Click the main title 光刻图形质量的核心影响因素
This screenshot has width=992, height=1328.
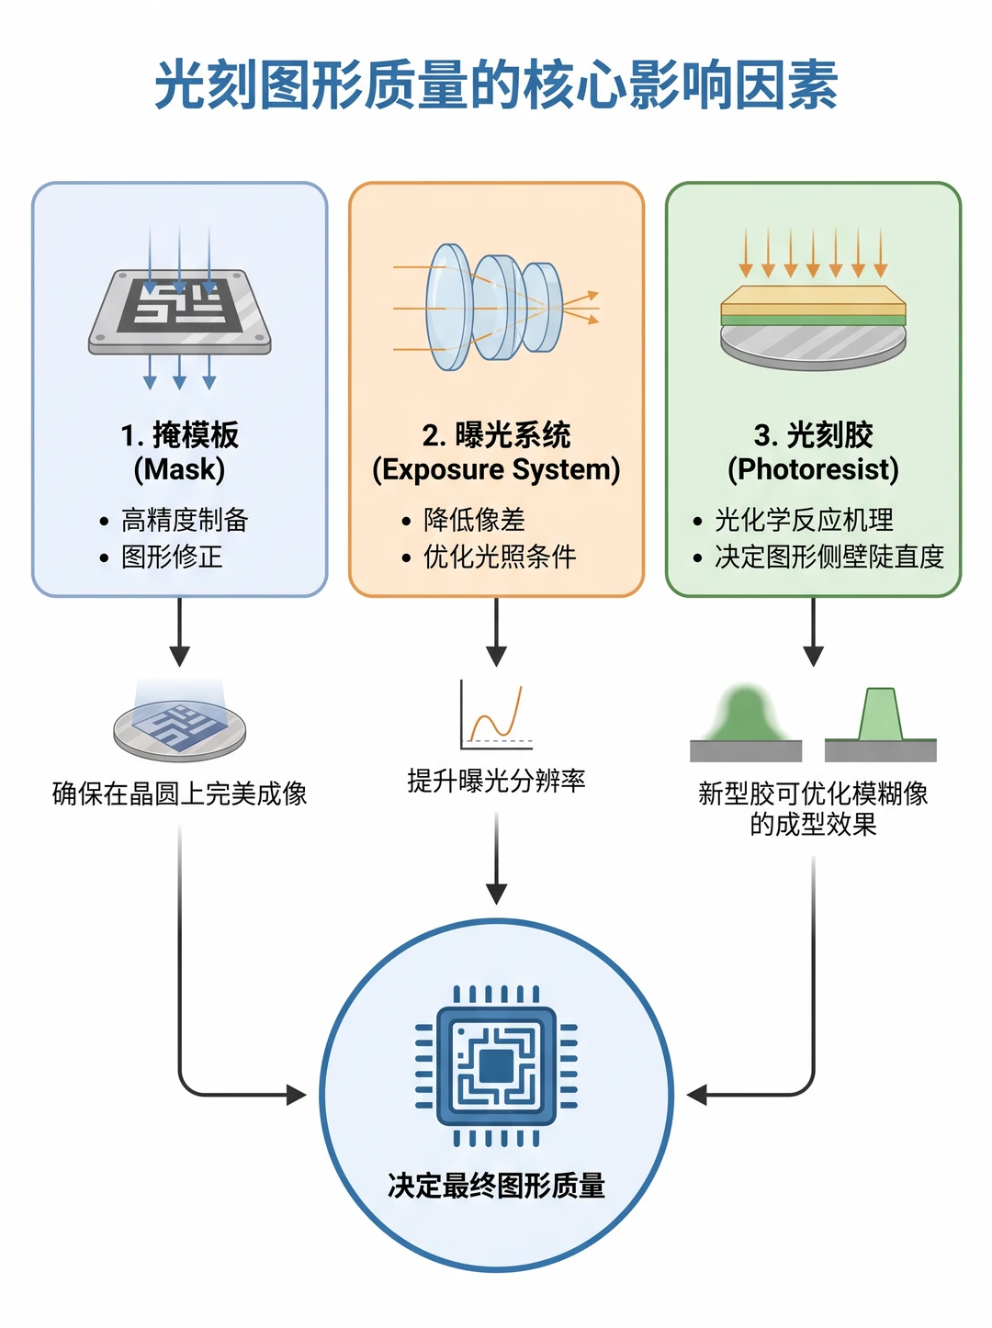coord(496,84)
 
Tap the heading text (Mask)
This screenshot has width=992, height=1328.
coord(179,469)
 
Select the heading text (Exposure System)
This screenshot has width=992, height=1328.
coord(496,469)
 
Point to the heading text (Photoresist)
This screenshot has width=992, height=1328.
coord(813,469)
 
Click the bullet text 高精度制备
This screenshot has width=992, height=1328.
coord(185,520)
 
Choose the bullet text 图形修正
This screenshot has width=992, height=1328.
coord(172,557)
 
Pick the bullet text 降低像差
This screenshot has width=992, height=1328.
coord(474,520)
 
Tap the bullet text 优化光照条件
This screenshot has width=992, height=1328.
coord(500,557)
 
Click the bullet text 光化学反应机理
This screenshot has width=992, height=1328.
coord(804,520)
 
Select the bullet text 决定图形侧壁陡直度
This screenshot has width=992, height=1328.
coord(829,557)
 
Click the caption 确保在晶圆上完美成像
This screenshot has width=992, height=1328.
coord(180,793)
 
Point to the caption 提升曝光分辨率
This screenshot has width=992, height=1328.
coord(496,781)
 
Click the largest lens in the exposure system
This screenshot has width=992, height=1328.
coord(447,307)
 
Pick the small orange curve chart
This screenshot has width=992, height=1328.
coord(496,715)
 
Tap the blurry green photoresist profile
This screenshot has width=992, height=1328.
coord(746,715)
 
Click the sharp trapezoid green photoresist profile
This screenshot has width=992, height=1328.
coord(881,715)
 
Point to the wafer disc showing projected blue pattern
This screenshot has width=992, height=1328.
coord(180,729)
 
